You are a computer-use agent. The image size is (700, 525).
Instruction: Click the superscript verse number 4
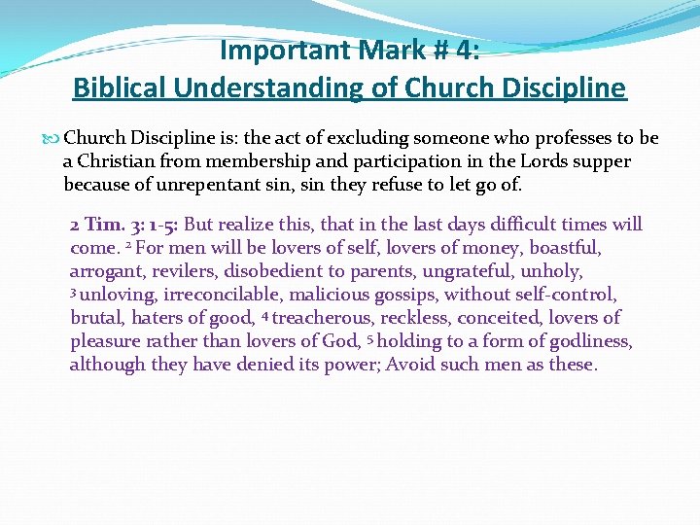coord(265,314)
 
